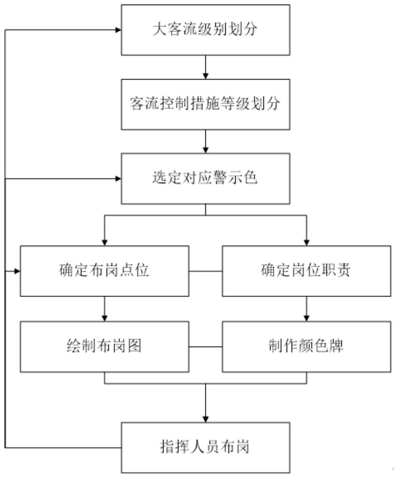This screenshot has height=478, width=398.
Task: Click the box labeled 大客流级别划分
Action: tap(205, 30)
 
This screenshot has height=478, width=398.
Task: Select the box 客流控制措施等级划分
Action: tap(205, 104)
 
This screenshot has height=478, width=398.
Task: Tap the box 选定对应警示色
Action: tap(205, 178)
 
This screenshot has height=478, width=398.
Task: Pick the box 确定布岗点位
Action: tap(104, 271)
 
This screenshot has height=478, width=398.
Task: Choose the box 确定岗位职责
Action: tap(306, 271)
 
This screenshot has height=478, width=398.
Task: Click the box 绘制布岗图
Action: tap(104, 347)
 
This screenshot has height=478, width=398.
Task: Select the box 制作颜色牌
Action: tap(306, 347)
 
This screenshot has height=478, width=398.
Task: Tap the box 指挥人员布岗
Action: tap(205, 447)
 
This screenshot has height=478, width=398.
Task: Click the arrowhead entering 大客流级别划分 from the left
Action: tap(118, 30)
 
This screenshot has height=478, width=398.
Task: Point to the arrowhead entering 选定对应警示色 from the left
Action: tap(118, 179)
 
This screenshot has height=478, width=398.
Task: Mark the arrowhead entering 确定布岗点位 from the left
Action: tap(17, 271)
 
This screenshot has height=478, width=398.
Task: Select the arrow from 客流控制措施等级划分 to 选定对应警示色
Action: tap(205, 141)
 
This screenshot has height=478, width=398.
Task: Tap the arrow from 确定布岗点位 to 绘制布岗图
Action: tap(105, 309)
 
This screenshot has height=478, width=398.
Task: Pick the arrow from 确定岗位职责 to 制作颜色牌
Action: tap(306, 309)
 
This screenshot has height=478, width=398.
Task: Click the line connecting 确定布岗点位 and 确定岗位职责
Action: tap(205, 271)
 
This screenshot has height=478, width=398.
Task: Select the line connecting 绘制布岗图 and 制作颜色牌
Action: tap(205, 347)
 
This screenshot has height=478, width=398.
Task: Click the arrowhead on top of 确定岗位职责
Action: tap(306, 243)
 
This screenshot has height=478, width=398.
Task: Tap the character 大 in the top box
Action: tap(159, 29)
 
